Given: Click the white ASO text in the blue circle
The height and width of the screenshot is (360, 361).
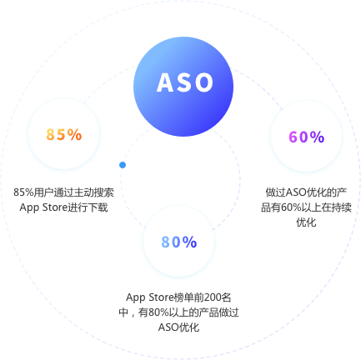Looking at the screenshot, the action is coord(185,82).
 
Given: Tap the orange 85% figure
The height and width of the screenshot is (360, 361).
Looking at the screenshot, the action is coord(64,134).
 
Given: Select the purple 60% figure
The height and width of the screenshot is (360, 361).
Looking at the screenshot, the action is coord(307,137).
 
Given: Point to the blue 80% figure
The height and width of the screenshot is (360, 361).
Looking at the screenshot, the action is coord(179,242).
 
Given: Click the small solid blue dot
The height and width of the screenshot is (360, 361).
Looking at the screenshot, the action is coord(123,165).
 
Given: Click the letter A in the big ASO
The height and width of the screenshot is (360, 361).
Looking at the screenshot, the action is coord(166,82).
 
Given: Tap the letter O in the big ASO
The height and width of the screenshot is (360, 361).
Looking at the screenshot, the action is coord(203,82).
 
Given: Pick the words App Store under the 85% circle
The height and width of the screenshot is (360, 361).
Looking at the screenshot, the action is coord(43,207).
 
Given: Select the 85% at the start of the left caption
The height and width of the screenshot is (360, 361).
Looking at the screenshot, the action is coord(23,192).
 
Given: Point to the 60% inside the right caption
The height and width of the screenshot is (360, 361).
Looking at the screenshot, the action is coord(291,207).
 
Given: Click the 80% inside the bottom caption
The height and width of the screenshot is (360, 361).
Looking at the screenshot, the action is coord(158,312).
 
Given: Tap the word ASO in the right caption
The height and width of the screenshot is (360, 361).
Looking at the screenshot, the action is coord(296,192).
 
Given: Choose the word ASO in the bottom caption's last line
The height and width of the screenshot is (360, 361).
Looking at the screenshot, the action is coord(168,327).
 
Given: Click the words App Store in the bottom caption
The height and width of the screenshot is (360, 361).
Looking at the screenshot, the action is coord(150,297).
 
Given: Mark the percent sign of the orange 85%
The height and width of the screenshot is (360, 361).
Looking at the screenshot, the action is coord(75,134).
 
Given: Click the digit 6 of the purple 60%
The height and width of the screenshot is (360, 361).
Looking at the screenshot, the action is coord(293,137).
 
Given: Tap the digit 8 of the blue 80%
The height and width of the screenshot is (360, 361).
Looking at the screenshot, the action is coord(166,242).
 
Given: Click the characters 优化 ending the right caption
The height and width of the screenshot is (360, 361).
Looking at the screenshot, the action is coord(306,222).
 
